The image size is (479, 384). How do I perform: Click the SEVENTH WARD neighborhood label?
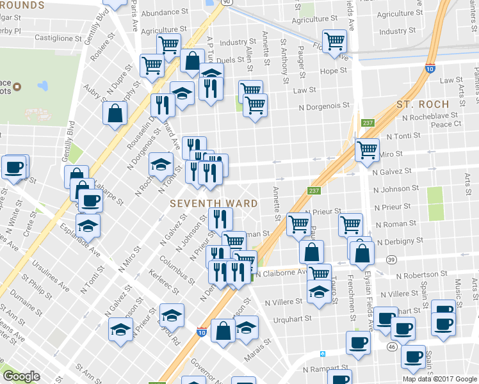tap(214, 204)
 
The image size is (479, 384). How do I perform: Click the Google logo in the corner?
tap(22, 376)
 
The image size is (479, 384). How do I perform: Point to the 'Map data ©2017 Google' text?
tap(439, 379)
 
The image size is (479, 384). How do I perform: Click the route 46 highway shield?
tap(391, 346)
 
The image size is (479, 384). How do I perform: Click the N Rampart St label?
tap(325, 369)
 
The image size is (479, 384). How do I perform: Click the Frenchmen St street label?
tap(352, 298)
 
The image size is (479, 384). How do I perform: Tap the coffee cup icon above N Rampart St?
tap(358, 342)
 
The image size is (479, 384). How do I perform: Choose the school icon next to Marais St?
tap(247, 328)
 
